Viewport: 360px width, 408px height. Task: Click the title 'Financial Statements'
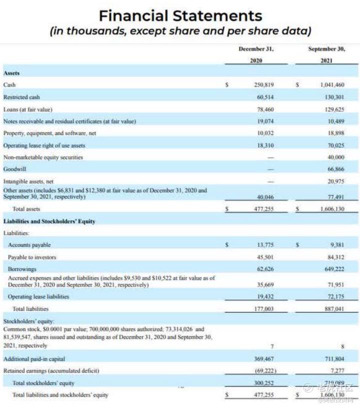(x=180, y=16)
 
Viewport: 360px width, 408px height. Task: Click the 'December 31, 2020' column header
(x=256, y=55)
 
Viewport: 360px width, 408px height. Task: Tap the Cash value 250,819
(x=263, y=85)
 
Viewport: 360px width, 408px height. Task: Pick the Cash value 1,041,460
(x=332, y=85)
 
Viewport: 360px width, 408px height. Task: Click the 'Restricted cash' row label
(x=21, y=97)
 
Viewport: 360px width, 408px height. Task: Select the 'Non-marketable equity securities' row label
(x=43, y=157)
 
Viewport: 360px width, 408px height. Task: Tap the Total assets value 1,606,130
(x=331, y=209)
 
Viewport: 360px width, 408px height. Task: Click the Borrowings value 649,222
(x=334, y=269)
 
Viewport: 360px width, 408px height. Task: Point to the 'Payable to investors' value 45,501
(x=265, y=257)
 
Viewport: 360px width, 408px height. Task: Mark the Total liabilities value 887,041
(x=334, y=309)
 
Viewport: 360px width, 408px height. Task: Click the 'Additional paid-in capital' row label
(x=34, y=359)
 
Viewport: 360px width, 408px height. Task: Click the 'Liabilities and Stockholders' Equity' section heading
(x=49, y=221)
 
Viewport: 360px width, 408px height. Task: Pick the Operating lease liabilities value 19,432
(x=265, y=296)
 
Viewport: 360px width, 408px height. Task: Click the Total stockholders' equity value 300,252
(x=263, y=383)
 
